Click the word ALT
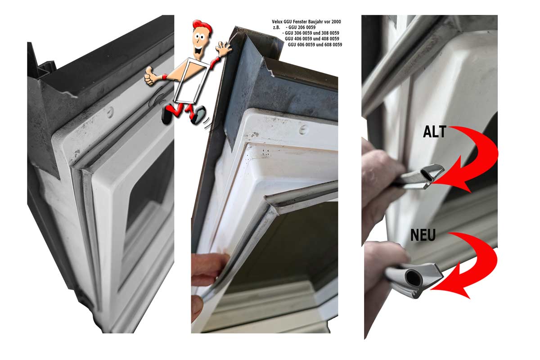(435, 132)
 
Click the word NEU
(423, 235)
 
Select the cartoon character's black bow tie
(199, 51)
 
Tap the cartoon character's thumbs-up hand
(150, 76)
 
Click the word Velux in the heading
(277, 22)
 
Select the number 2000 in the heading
(336, 22)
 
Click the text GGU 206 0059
(302, 27)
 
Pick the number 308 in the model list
(325, 33)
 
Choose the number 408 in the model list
(325, 39)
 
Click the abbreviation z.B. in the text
(276, 27)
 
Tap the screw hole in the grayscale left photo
(110, 112)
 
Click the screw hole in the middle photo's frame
(303, 130)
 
